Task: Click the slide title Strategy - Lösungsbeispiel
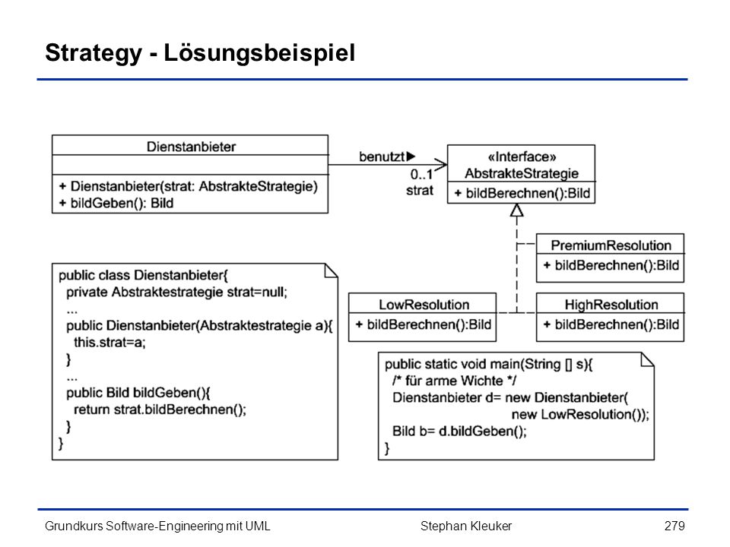coord(200,53)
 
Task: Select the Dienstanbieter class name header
coord(191,147)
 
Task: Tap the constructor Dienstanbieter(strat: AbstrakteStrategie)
coord(188,187)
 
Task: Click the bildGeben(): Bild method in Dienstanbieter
coord(116,204)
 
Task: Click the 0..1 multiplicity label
coord(421,175)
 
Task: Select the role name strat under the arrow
coord(420,190)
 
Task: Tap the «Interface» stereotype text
coord(522,157)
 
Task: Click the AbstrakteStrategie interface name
coord(522,173)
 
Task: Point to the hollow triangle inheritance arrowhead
coord(517,210)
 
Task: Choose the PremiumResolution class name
coord(611,245)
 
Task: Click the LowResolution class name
coord(424,305)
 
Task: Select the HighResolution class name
coord(611,305)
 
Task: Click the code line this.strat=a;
coord(109,343)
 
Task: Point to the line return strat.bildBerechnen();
coord(160,409)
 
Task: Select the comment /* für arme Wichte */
coord(454,381)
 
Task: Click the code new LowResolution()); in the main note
coord(580,415)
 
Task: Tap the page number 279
coord(674,526)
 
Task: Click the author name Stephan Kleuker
coord(466,526)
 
